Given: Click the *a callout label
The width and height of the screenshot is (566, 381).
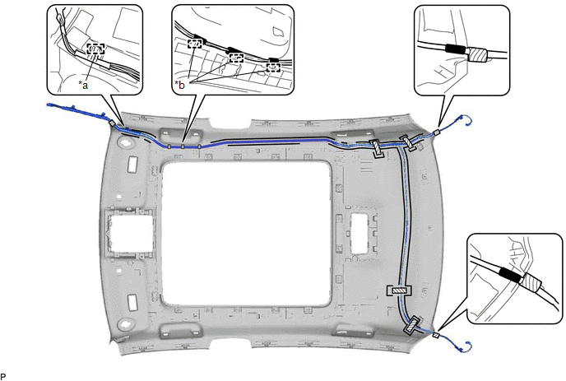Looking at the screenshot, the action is pyautogui.click(x=83, y=85).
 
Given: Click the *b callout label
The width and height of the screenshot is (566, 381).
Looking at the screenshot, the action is pyautogui.click(x=179, y=85).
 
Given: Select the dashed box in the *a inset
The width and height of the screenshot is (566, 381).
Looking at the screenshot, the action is pyautogui.click(x=95, y=49).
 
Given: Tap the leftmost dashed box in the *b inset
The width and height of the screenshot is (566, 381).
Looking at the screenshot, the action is pyautogui.click(x=194, y=44).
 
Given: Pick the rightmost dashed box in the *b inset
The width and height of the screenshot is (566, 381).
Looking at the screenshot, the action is pyautogui.click(x=273, y=67).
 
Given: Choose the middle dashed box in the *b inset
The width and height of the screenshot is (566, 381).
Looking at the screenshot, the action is pyautogui.click(x=236, y=57).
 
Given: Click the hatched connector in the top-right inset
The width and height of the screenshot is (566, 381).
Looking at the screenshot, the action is pyautogui.click(x=477, y=54).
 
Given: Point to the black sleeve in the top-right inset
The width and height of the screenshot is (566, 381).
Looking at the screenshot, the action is pyautogui.click(x=457, y=49).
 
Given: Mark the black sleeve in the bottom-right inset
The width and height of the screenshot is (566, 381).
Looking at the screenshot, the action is pyautogui.click(x=509, y=275).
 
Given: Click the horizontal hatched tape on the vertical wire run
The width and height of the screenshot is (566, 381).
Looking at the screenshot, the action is pyautogui.click(x=399, y=290).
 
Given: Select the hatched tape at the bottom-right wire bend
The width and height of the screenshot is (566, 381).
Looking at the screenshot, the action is pyautogui.click(x=412, y=325).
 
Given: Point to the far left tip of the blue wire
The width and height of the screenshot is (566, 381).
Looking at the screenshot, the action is pyautogui.click(x=48, y=105).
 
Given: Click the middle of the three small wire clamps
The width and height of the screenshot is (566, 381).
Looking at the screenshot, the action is pyautogui.click(x=183, y=146).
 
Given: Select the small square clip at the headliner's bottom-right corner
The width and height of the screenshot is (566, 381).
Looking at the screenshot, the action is pyautogui.click(x=436, y=336).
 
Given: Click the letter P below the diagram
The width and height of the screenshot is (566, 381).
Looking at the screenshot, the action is pyautogui.click(x=3, y=376).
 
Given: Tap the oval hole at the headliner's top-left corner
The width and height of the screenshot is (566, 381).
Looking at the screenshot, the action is pyautogui.click(x=126, y=142).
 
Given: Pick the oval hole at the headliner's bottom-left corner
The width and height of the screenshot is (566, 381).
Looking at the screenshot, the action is pyautogui.click(x=126, y=323).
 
